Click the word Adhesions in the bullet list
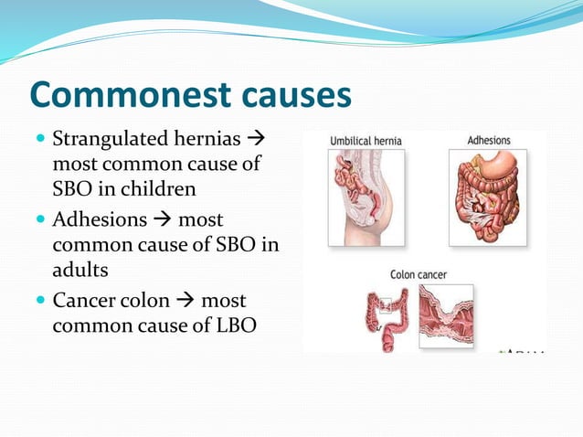[98, 220]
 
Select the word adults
[79, 270]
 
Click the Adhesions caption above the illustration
[489, 141]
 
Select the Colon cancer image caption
[420, 272]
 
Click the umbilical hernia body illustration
[366, 197]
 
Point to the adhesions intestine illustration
[488, 197]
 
